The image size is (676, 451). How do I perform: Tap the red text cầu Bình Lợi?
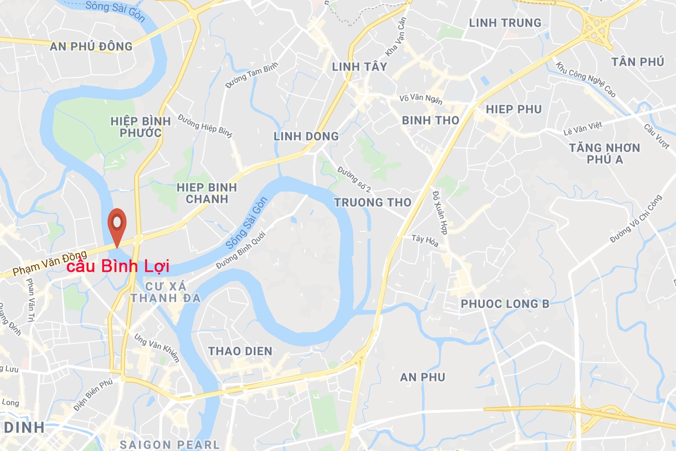coord(118,267)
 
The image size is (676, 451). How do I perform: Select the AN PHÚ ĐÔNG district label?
coord(91,46)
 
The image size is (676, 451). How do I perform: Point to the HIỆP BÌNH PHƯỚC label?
coord(140,127)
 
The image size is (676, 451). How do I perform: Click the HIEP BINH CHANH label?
coord(207,193)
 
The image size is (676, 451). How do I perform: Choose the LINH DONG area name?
coord(306,137)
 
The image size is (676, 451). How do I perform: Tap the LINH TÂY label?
coord(359,67)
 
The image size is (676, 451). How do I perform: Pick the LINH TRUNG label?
coord(505,23)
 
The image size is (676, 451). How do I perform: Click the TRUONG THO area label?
coord(372,203)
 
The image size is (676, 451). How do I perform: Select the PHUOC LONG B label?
coord(505,304)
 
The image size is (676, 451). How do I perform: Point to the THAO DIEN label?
coord(240,351)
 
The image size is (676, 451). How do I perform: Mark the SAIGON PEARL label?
coord(169,444)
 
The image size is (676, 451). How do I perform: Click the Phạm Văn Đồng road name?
coord(50,262)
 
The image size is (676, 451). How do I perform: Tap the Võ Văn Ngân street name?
coord(421,99)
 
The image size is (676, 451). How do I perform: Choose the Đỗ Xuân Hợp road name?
coord(440,212)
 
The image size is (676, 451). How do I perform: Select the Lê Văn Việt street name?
coord(583,128)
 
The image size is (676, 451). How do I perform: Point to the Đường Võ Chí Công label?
coord(636,219)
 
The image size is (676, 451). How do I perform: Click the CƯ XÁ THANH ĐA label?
coord(166,292)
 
